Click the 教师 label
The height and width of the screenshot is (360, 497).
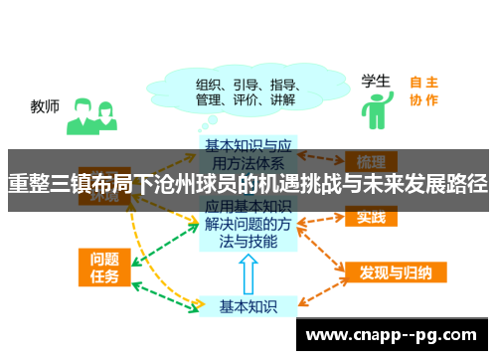click(45, 104)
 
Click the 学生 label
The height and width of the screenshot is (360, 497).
click(375, 80)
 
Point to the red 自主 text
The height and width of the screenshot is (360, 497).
click(424, 83)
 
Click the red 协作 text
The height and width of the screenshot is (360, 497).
click(424, 99)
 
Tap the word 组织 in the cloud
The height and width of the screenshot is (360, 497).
click(209, 84)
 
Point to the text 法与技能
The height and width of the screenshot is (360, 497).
click(248, 243)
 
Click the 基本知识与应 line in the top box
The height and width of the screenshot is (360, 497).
click(248, 145)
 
